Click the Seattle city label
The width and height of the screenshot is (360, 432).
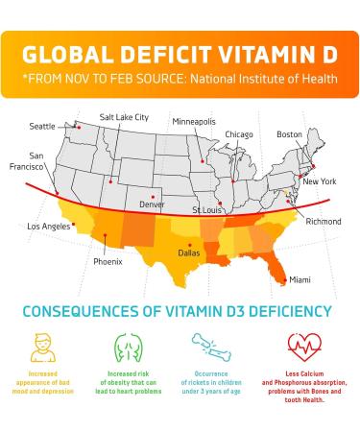pyautogui.click(x=42, y=126)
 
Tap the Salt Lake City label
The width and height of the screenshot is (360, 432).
pyautogui.click(x=125, y=117)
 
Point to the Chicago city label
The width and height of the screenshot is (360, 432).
pyautogui.click(x=239, y=134)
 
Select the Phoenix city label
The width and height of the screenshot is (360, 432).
pyautogui.click(x=108, y=261)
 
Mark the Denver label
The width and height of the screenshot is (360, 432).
pyautogui.click(x=152, y=204)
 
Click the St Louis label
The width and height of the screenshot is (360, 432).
pyautogui.click(x=209, y=209)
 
